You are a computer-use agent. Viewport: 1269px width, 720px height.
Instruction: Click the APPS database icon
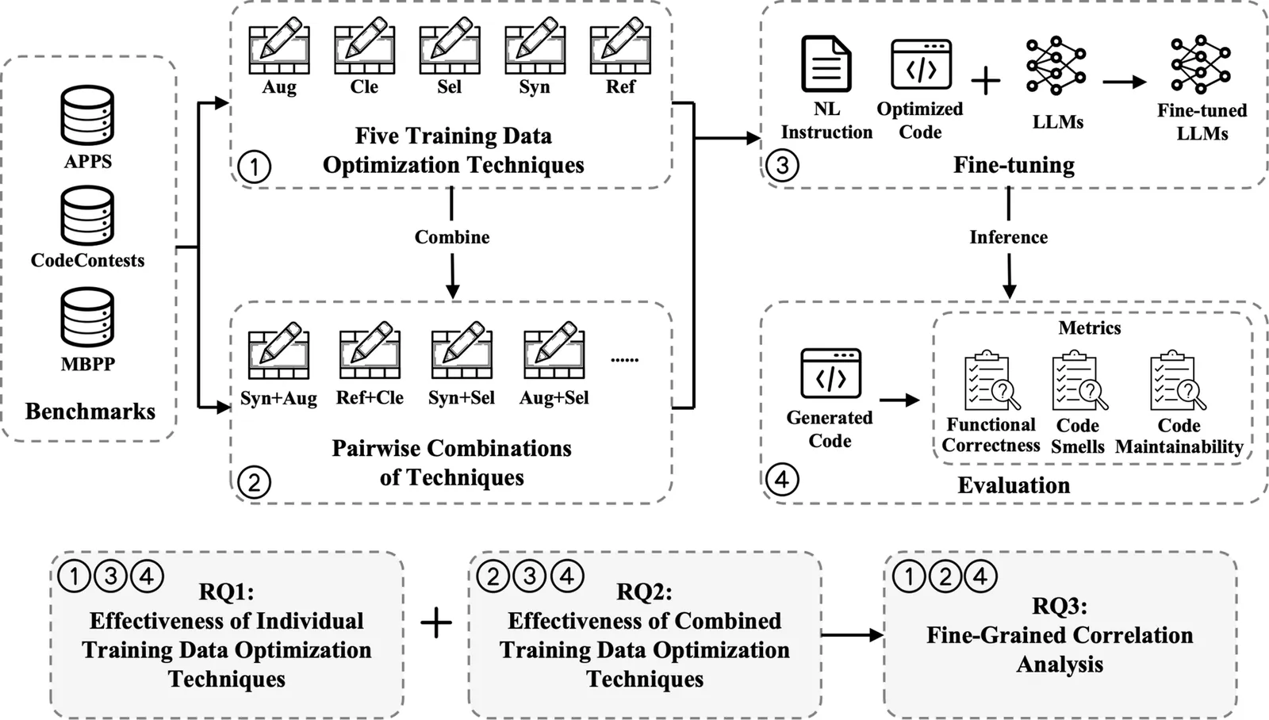(x=87, y=115)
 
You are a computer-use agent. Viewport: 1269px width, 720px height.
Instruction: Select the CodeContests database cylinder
(x=87, y=215)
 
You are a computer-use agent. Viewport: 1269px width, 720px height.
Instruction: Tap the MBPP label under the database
(x=87, y=364)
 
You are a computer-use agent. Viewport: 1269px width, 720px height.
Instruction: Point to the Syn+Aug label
(x=278, y=398)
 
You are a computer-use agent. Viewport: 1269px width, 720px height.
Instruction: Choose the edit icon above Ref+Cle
(x=370, y=350)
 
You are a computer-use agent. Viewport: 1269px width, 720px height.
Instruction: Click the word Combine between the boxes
(x=452, y=237)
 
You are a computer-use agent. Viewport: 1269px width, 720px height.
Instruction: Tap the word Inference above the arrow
(x=1008, y=237)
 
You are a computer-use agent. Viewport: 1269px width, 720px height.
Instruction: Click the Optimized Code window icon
(x=921, y=65)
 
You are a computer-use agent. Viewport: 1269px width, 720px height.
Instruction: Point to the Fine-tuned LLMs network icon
(x=1201, y=65)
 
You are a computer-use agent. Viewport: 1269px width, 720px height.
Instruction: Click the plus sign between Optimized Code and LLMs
(x=986, y=81)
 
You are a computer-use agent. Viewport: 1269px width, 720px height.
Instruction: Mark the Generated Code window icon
(x=830, y=373)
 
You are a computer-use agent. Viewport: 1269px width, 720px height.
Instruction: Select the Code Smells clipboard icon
(x=1079, y=382)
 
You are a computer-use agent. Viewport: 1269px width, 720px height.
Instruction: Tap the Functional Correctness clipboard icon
(x=991, y=382)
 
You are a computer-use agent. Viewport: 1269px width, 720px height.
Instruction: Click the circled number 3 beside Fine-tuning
(x=782, y=166)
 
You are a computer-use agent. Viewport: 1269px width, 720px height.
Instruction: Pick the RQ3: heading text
(x=1060, y=607)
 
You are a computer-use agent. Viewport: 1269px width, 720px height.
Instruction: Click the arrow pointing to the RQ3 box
(x=853, y=634)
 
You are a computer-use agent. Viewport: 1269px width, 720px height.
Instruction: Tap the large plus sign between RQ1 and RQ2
(x=436, y=623)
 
